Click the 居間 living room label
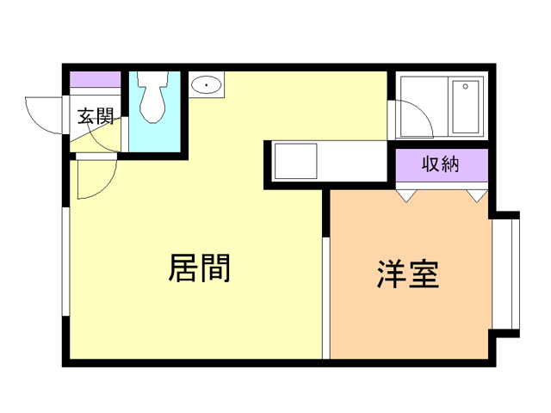click(199, 268)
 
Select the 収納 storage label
click(442, 164)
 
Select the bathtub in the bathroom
click(466, 107)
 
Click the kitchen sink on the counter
click(295, 161)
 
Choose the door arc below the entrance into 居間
click(96, 178)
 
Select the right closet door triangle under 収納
click(475, 196)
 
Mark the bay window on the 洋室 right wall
click(514, 274)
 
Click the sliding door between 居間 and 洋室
click(325, 297)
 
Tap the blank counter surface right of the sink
click(353, 161)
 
